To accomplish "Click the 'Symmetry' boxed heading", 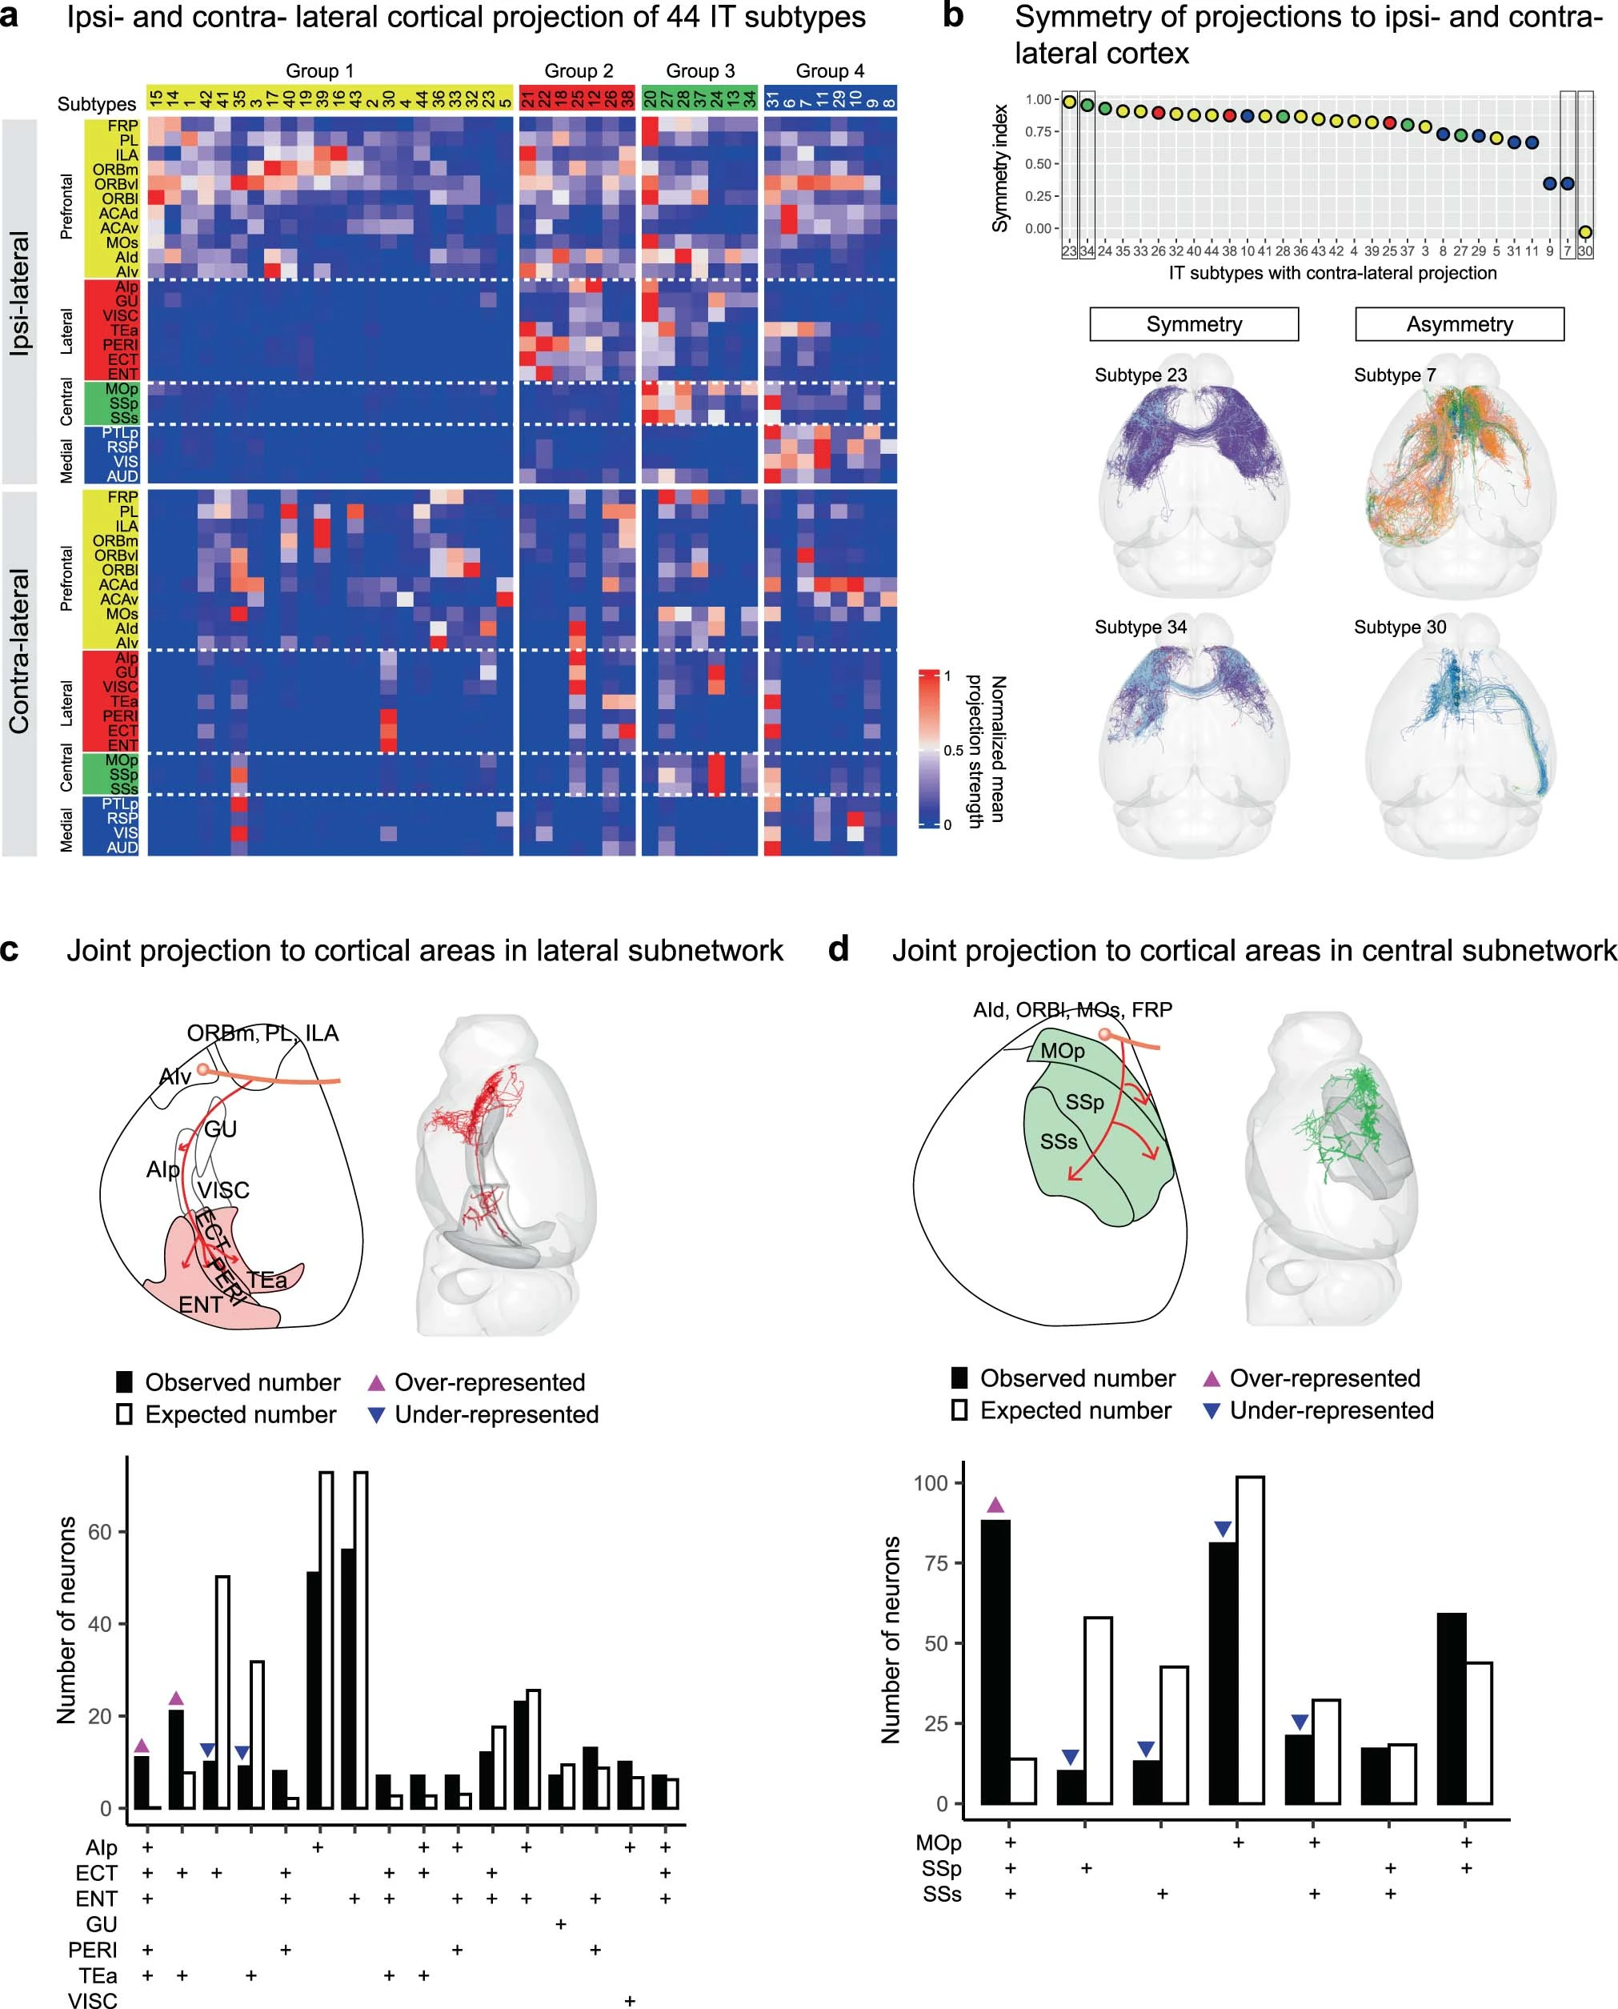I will pyautogui.click(x=1194, y=324).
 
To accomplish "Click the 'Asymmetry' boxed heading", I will pyautogui.click(x=1459, y=324).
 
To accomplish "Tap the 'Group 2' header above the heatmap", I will pyautogui.click(x=578, y=71).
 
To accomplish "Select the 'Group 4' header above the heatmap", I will pyautogui.click(x=830, y=71).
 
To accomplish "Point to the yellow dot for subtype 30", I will pyautogui.click(x=1584, y=232).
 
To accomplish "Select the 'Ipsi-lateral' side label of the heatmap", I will pyautogui.click(x=19, y=294).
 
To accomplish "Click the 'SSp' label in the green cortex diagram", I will pyautogui.click(x=1084, y=1102).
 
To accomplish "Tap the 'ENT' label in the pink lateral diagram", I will pyautogui.click(x=200, y=1305).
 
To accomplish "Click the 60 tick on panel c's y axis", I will pyautogui.click(x=100, y=1532).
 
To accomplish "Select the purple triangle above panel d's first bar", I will pyautogui.click(x=995, y=1505).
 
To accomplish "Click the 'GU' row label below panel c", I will pyautogui.click(x=102, y=1924).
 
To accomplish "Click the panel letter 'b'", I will pyautogui.click(x=952, y=16).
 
